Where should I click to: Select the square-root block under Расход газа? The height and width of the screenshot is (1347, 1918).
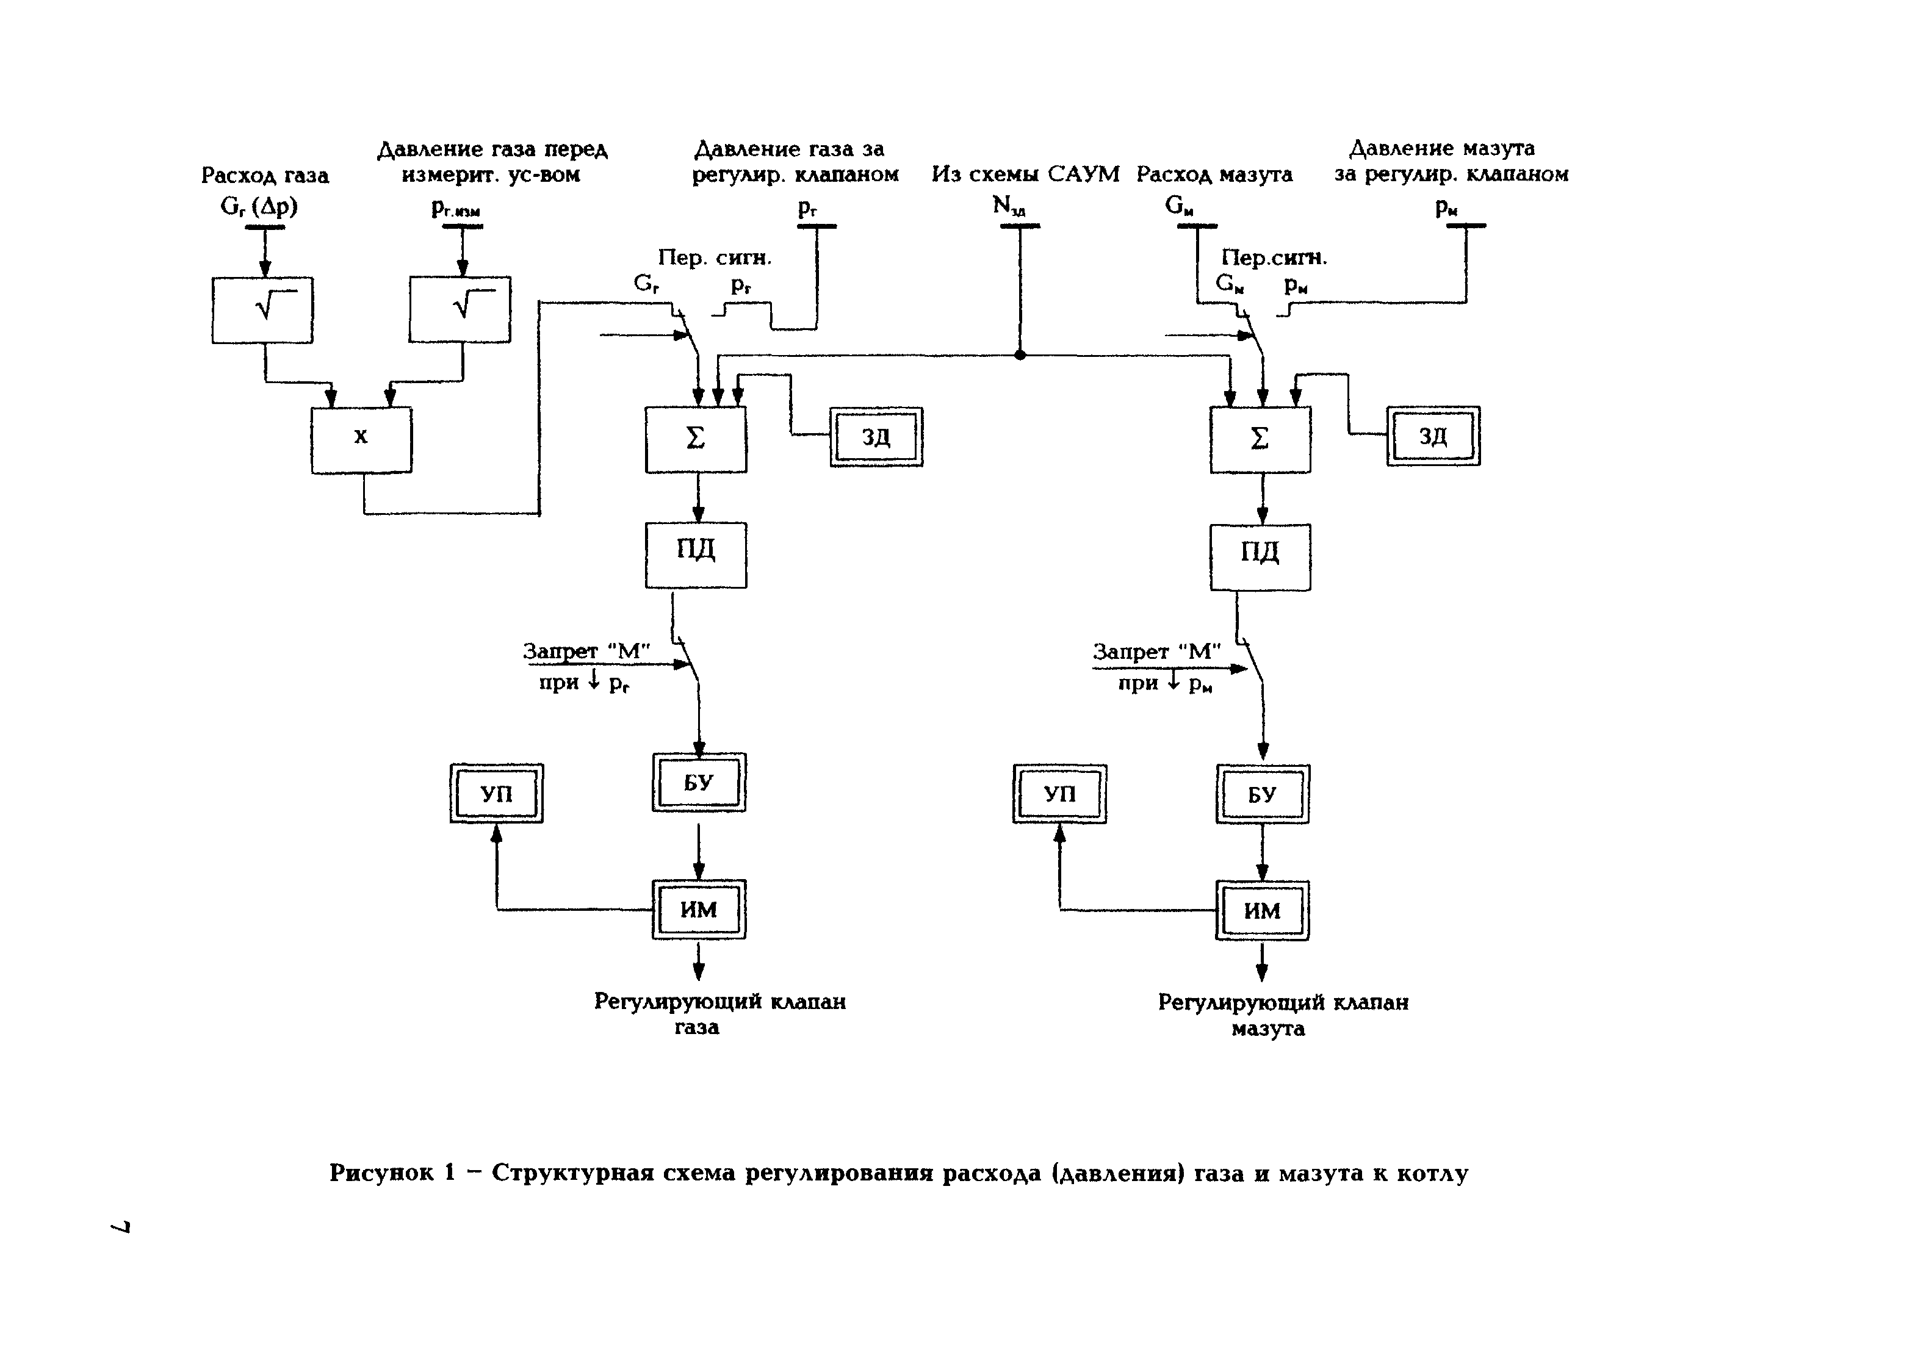tap(262, 310)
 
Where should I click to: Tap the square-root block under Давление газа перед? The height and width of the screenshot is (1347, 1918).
tap(460, 310)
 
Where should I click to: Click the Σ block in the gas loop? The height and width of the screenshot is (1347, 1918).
tap(695, 439)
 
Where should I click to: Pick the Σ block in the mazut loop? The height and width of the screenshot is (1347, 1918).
tap(1260, 439)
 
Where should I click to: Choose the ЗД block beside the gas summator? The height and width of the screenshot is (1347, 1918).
tap(876, 437)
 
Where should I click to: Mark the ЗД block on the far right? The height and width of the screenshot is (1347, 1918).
tap(1433, 436)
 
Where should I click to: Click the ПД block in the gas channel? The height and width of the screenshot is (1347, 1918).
tap(695, 555)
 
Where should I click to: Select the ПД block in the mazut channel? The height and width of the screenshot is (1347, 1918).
tap(1260, 557)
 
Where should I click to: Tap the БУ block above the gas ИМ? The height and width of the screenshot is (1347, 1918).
tap(698, 783)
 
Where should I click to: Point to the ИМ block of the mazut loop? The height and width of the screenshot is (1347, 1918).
tap(1261, 910)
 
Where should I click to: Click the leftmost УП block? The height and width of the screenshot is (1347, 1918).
tap(496, 793)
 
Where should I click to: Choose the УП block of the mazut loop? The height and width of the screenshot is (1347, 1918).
tap(1059, 793)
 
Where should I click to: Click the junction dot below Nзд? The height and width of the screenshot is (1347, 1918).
tap(1019, 355)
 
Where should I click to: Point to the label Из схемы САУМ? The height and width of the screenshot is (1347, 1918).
tap(1025, 174)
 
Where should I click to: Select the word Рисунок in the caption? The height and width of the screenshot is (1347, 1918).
tap(381, 1173)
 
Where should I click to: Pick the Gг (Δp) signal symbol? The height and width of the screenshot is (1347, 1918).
tap(259, 206)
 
